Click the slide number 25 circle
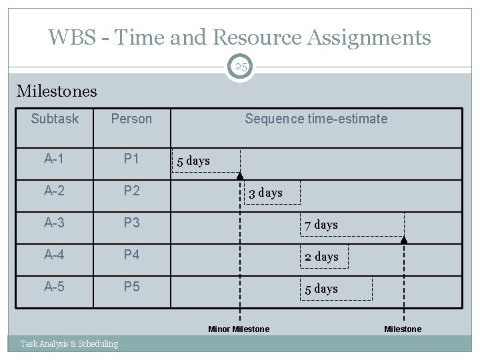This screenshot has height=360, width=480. point(240,67)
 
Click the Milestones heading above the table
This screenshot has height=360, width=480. point(56,91)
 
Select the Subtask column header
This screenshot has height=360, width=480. point(55,119)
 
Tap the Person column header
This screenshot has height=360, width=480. point(131,119)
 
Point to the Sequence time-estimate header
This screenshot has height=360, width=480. point(315,119)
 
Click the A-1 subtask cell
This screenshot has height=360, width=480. point(55,159)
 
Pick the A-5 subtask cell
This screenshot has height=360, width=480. point(55,288)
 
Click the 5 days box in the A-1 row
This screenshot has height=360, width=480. point(206,161)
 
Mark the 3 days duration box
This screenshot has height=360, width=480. point(271,193)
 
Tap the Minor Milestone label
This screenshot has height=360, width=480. point(239,329)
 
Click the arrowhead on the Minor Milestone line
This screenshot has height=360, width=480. point(240,175)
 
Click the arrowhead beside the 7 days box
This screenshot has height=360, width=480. point(403,239)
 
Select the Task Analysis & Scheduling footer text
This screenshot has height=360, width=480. point(69,344)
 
